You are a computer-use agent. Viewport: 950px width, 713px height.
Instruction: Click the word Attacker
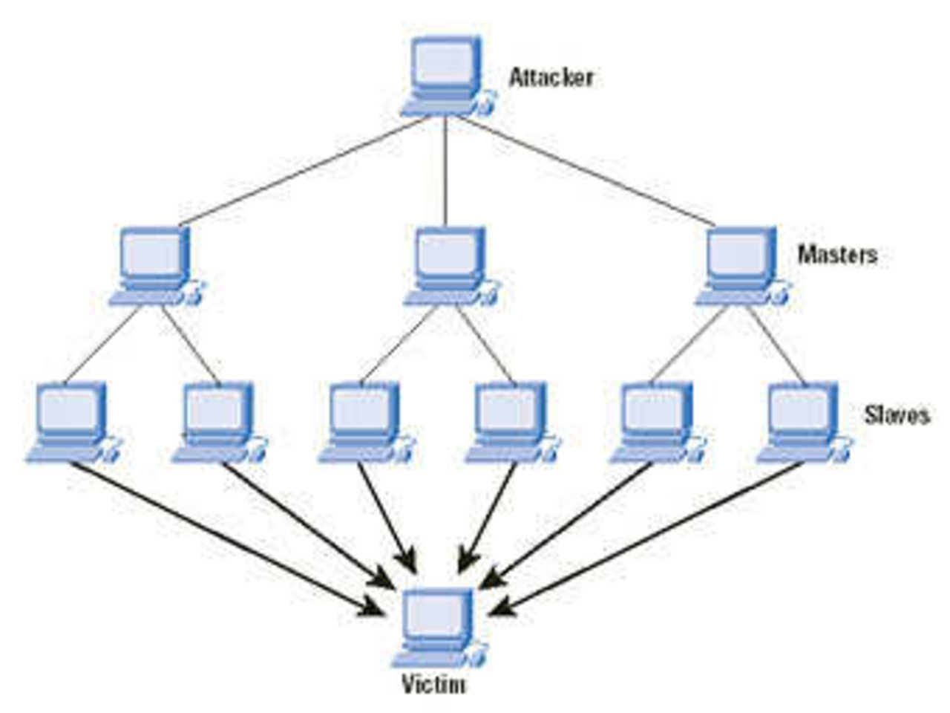coord(551,77)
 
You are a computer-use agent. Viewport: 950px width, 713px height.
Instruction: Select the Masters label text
coord(837,255)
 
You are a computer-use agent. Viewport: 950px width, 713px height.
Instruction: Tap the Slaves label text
coord(897,414)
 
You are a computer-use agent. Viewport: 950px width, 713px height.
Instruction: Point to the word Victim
coord(434,683)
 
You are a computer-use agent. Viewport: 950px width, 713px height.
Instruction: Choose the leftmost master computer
coord(154,264)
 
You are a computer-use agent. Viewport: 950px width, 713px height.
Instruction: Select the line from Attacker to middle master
coord(445,171)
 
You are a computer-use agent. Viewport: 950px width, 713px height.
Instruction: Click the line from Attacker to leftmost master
coord(304,171)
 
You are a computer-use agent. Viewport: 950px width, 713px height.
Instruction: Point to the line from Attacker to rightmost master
coord(583,171)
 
